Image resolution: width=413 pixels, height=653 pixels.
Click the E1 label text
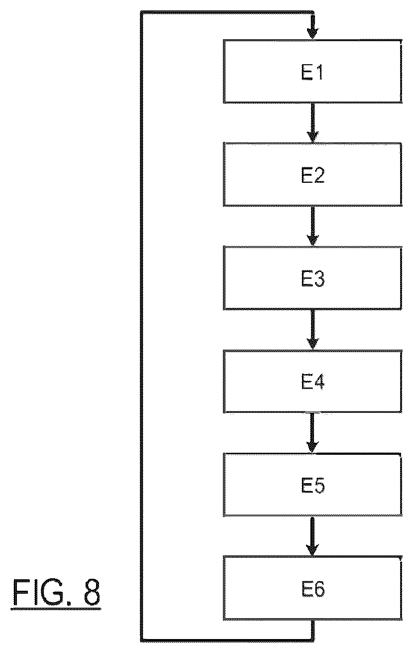tap(312, 72)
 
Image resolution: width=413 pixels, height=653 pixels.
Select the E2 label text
tap(312, 175)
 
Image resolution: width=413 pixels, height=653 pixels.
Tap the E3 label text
tap(312, 278)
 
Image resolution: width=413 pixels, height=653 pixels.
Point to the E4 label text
tap(312, 382)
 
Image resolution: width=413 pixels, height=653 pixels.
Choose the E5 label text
tap(312, 485)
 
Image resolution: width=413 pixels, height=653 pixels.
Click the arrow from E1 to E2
tap(312, 123)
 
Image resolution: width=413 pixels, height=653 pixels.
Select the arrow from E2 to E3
tap(312, 226)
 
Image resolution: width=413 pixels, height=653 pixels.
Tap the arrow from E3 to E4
tap(312, 329)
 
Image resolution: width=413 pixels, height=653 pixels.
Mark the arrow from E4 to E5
tap(312, 433)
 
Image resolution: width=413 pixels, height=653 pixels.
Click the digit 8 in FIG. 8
tap(92, 592)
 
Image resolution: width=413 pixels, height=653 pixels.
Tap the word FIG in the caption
tap(37, 592)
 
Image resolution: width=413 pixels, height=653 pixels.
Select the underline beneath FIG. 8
tap(56, 609)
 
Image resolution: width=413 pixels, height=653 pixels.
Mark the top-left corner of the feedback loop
tap(142, 12)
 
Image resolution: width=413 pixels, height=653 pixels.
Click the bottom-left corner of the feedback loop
tap(142, 640)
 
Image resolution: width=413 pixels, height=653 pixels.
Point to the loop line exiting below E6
tap(312, 630)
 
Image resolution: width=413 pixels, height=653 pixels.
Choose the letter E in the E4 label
tap(307, 382)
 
